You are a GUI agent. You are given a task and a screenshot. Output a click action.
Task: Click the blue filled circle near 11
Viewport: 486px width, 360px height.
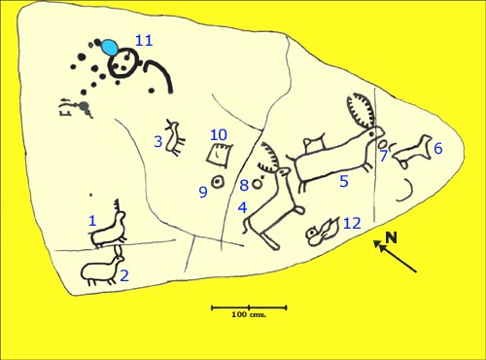110,48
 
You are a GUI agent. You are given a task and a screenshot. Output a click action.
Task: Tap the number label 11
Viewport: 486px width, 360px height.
144,41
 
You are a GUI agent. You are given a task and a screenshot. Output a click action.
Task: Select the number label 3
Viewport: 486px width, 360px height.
158,142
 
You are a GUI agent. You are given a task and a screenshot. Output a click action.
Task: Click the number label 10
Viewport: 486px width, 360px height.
219,135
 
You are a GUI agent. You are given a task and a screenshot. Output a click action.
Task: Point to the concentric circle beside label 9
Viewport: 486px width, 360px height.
217,182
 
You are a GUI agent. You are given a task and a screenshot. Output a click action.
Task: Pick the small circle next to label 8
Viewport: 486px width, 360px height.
258,184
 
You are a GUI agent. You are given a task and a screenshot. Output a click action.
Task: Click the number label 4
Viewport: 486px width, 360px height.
242,207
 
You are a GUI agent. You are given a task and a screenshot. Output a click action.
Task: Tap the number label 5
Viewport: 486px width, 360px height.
344,181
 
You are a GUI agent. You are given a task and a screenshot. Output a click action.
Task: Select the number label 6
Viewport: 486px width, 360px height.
437,148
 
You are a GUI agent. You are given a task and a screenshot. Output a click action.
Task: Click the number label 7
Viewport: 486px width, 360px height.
384,156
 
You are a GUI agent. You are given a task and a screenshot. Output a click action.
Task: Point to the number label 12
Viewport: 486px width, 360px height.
352,223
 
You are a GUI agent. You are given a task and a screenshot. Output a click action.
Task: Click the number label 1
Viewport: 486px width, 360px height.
92,221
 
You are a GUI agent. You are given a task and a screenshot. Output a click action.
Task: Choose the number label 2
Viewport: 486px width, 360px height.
124,276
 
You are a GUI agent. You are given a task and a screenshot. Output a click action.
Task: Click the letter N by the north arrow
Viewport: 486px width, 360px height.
392,237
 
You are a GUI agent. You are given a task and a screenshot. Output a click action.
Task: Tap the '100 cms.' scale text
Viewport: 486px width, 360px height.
249,314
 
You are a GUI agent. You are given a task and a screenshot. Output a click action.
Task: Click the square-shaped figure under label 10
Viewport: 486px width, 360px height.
220,156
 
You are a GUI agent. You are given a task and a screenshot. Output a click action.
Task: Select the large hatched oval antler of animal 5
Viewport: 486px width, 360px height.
362,111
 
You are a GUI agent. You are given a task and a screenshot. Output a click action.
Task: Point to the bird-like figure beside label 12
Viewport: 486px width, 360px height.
323,232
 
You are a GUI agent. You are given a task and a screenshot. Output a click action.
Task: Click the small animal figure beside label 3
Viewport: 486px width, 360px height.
175,138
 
